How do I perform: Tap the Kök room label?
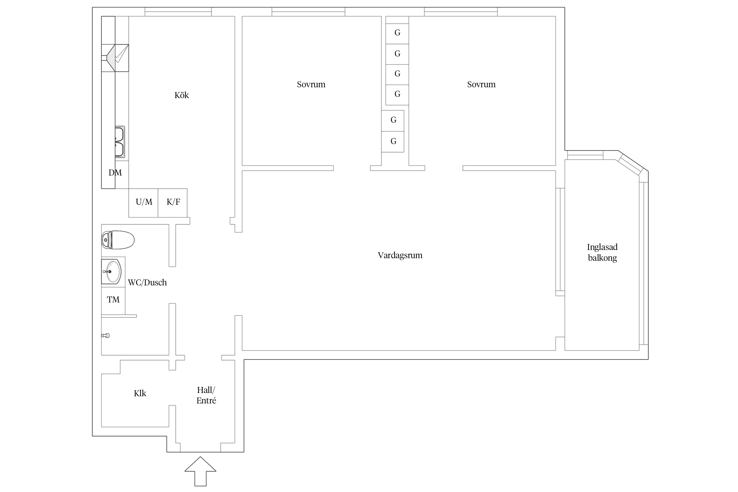click(x=181, y=95)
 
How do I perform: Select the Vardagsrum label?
click(x=400, y=256)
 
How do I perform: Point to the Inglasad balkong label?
click(x=602, y=252)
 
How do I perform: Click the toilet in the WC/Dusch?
click(x=118, y=240)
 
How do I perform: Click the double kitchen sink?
click(x=119, y=142)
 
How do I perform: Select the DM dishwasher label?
click(x=115, y=173)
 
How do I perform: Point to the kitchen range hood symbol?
click(x=115, y=58)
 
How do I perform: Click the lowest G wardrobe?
click(x=393, y=142)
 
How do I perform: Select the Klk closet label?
click(x=140, y=394)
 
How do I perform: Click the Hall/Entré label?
click(x=206, y=395)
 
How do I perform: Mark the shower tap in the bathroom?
click(x=106, y=336)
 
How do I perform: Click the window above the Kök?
click(x=178, y=12)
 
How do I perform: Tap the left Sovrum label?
click(x=311, y=85)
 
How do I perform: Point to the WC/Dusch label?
click(x=147, y=282)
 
